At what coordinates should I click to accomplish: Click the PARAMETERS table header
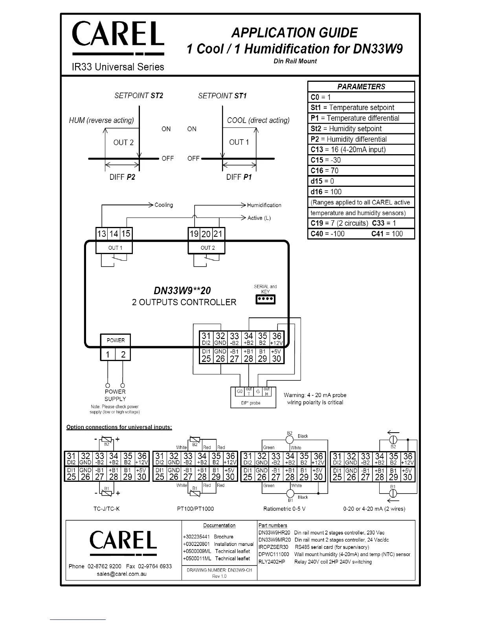(x=361, y=87)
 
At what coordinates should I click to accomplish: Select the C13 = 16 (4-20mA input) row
(x=348, y=149)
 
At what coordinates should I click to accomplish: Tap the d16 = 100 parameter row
(x=326, y=192)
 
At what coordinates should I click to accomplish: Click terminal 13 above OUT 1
(x=101, y=234)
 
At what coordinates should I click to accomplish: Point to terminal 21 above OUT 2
(x=218, y=234)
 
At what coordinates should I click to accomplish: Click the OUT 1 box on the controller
(x=115, y=248)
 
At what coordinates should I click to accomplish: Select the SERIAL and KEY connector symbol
(x=266, y=300)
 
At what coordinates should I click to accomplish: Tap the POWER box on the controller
(x=116, y=341)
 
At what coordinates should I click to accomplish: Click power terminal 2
(x=123, y=355)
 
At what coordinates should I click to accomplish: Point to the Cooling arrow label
(x=163, y=205)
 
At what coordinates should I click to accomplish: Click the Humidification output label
(x=264, y=205)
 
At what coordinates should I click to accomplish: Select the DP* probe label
(x=251, y=403)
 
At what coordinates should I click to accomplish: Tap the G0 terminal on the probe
(x=240, y=392)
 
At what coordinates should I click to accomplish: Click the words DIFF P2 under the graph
(x=122, y=177)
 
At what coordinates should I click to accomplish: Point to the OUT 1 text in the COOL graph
(x=239, y=142)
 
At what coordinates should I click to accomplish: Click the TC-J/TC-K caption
(x=106, y=509)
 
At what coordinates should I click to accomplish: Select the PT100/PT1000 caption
(x=195, y=509)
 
